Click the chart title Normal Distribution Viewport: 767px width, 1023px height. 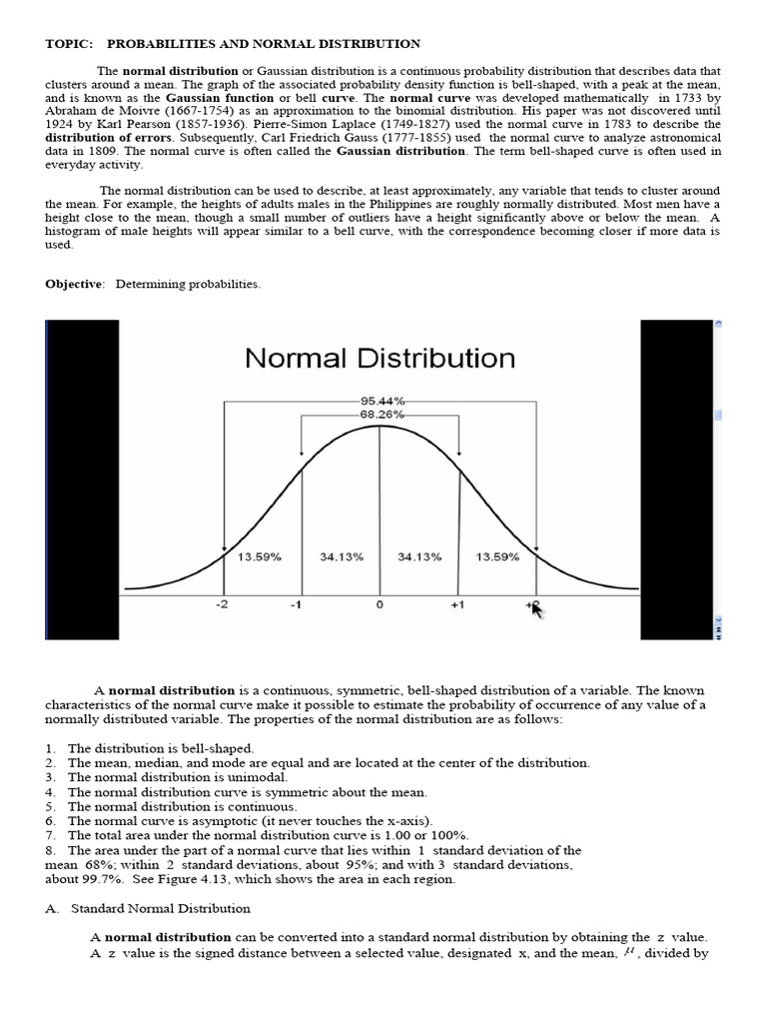(380, 358)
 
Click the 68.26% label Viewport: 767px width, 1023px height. (380, 412)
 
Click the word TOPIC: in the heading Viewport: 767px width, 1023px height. (68, 44)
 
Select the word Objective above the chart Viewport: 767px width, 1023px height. (74, 284)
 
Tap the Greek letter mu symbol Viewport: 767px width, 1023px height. (628, 951)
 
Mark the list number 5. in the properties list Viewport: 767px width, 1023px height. (50, 805)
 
